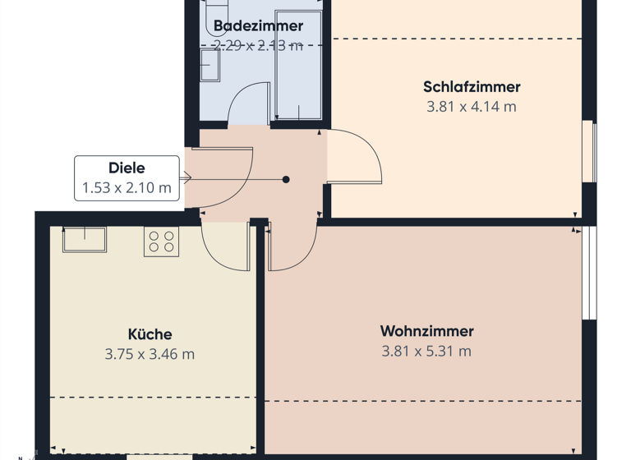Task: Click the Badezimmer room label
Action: click(258, 25)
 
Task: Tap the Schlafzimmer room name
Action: click(472, 86)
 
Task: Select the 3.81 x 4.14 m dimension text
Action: click(472, 106)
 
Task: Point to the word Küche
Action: click(150, 334)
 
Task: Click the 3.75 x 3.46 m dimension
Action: click(150, 354)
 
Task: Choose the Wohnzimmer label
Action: click(426, 331)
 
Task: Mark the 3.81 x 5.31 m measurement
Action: click(426, 351)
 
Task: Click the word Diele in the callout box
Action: click(127, 168)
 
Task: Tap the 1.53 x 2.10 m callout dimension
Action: click(127, 188)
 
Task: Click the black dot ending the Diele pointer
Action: click(286, 179)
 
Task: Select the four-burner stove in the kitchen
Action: click(161, 241)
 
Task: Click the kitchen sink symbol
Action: click(85, 239)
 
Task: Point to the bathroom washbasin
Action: click(209, 66)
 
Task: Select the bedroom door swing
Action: click(355, 156)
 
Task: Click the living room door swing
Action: click(292, 246)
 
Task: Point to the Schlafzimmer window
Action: click(589, 152)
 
